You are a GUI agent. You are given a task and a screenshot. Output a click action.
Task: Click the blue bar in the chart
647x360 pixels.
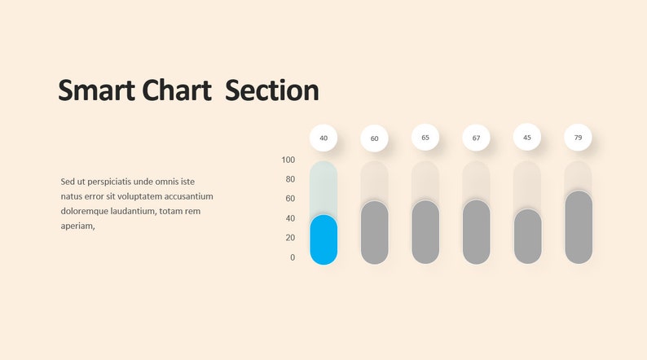point(323,239)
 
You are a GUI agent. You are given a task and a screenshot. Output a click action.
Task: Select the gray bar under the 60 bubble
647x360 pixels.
point(374,233)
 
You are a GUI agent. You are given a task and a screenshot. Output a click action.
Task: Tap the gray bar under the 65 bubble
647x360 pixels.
point(425,232)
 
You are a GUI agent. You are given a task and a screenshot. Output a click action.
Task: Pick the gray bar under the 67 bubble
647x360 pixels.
point(476,232)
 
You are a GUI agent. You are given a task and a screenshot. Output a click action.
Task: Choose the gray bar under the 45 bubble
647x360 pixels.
point(527,236)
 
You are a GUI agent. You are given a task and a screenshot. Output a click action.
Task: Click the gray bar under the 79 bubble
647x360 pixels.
point(578,227)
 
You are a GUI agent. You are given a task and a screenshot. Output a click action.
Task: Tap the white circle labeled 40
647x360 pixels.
point(323,138)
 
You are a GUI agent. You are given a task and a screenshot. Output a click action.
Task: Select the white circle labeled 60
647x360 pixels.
point(374,138)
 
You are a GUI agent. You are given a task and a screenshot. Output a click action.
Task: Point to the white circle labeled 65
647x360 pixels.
point(425,137)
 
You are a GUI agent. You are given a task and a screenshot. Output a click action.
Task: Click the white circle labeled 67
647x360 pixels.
point(476,138)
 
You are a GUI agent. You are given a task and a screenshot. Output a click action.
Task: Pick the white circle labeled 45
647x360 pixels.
point(527,137)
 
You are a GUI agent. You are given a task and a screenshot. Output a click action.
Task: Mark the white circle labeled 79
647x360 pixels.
point(578,137)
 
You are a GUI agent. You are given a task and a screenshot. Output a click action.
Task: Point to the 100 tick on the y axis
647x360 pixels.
point(288,160)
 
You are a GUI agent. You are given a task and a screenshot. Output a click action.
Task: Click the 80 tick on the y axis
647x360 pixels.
point(290,179)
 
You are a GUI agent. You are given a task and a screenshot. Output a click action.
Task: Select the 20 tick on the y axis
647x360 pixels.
point(290,238)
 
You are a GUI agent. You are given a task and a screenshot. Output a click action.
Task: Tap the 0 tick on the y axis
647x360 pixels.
point(293,257)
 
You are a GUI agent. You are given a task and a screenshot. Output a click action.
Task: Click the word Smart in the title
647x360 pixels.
point(96,90)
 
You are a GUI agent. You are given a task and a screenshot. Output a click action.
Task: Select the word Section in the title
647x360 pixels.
point(272,90)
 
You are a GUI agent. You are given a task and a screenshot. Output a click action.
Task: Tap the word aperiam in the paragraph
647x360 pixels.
point(77,226)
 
